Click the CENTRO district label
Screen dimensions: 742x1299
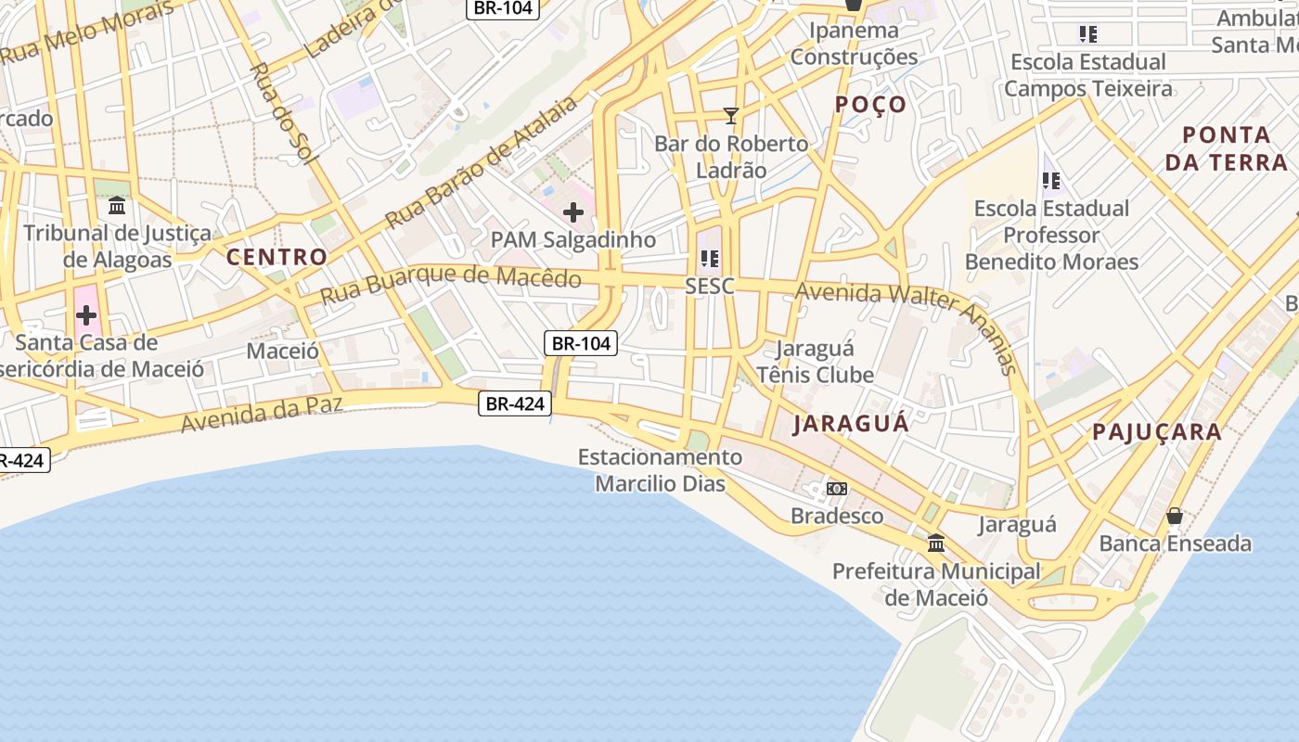(277, 257)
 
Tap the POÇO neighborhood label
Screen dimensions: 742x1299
(869, 104)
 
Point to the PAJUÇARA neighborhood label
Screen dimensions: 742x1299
(1156, 431)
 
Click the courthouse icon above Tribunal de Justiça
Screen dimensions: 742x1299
(117, 205)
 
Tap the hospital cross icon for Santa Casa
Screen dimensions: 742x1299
(86, 315)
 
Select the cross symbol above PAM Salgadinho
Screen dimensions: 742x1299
(573, 212)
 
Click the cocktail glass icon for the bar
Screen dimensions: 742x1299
(731, 116)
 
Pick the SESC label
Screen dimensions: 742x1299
(710, 287)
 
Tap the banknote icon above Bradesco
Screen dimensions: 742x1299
(837, 489)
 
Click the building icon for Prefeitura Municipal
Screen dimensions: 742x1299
(936, 543)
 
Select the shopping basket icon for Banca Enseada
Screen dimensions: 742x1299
(1175, 516)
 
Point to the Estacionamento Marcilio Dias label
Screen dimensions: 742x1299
(660, 470)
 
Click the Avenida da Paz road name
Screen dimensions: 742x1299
(262, 413)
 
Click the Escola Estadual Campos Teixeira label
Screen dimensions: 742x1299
(1087, 75)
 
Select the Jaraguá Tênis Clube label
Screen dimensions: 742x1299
(816, 362)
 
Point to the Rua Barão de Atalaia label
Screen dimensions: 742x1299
(482, 163)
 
